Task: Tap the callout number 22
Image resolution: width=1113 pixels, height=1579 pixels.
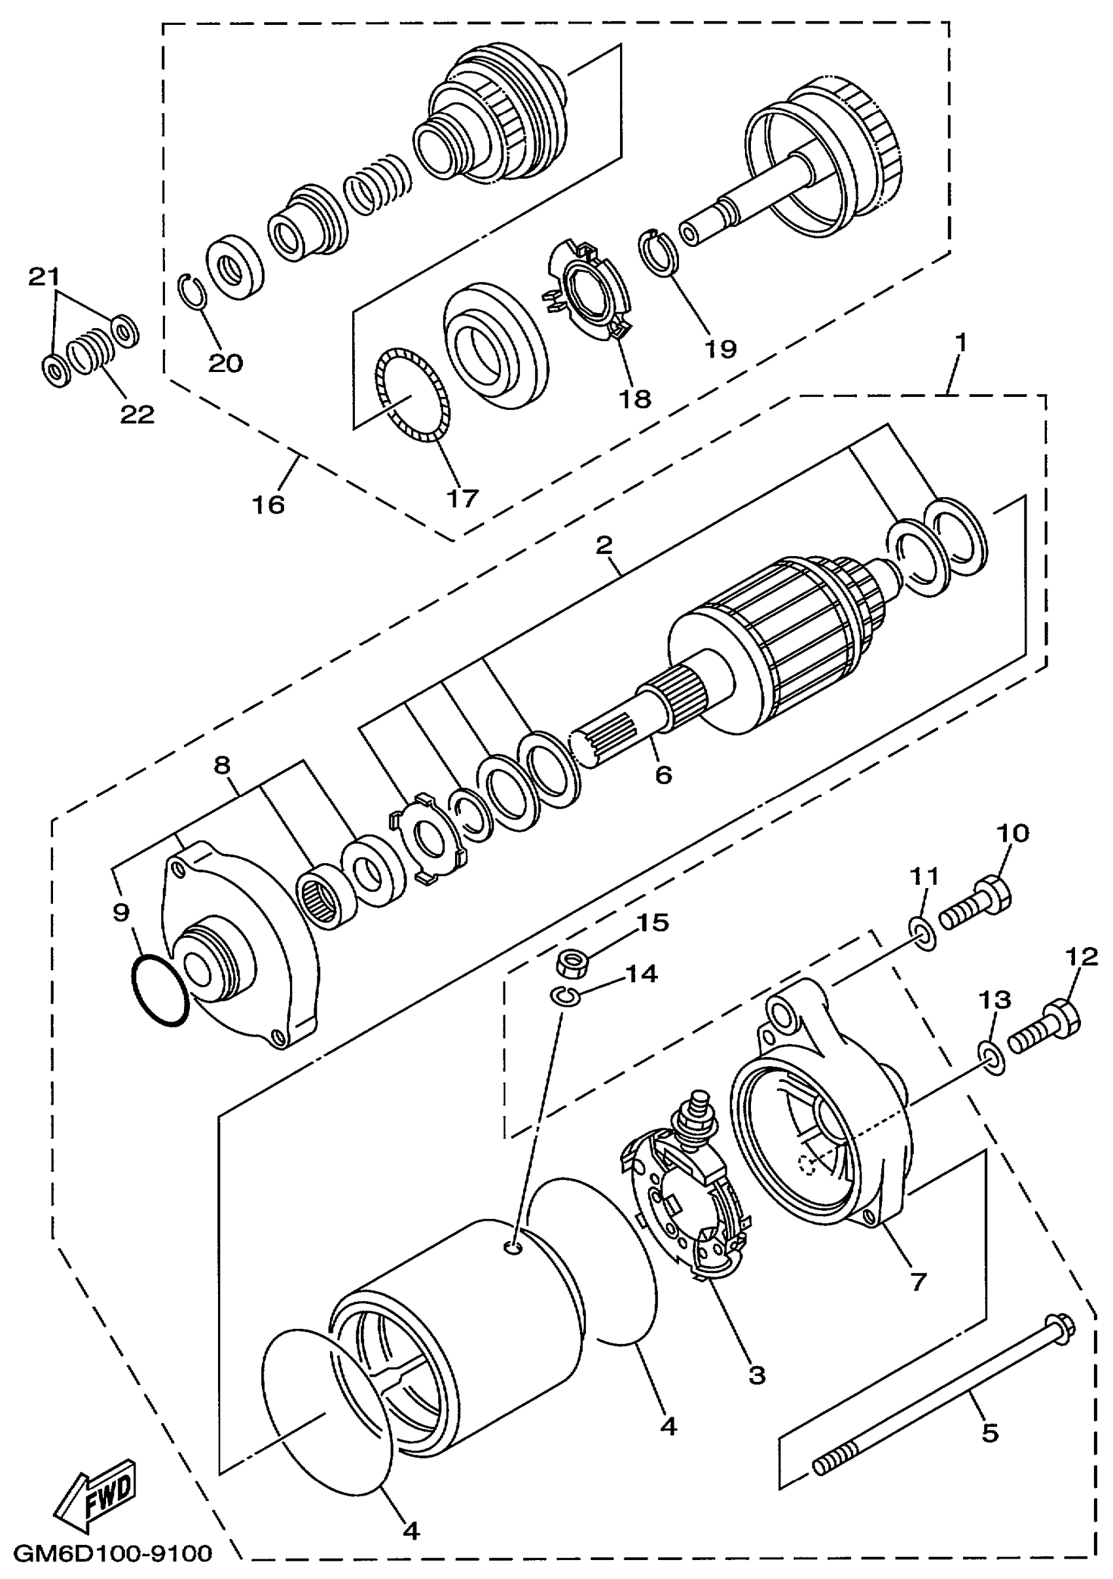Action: click(137, 414)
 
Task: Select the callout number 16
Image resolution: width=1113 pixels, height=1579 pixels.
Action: click(268, 505)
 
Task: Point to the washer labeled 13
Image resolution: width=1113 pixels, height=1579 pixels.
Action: click(991, 1057)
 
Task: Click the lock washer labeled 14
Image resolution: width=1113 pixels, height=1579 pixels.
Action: click(566, 995)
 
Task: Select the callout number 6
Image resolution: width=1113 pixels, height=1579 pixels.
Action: click(663, 775)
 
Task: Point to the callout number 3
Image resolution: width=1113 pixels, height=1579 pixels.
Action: click(756, 1375)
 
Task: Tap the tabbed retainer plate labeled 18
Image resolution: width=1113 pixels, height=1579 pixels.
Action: click(589, 287)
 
